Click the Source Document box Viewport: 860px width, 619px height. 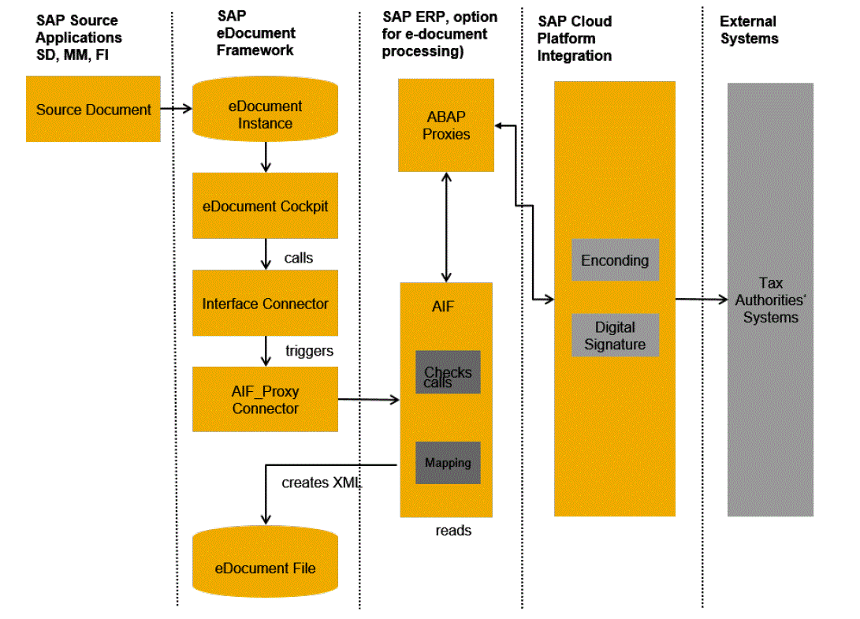click(x=93, y=109)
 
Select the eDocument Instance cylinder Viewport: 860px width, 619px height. click(x=265, y=115)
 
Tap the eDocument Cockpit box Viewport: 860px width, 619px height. click(x=265, y=206)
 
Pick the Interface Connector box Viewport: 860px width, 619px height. click(x=265, y=304)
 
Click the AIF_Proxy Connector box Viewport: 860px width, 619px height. click(x=265, y=400)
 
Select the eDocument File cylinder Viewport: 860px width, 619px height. click(x=265, y=568)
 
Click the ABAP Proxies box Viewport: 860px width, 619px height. click(x=446, y=125)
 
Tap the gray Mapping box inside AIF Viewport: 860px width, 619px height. click(x=448, y=463)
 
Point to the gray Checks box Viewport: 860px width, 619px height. click(x=448, y=372)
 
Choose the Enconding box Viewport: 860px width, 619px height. click(x=615, y=260)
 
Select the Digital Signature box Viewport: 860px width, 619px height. click(x=615, y=335)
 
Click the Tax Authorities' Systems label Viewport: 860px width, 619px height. click(x=769, y=300)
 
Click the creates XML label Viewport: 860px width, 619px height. click(x=321, y=483)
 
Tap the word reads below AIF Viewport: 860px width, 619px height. click(x=453, y=531)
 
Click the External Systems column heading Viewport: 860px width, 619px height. click(x=749, y=30)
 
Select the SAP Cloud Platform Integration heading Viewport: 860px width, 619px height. click(x=575, y=39)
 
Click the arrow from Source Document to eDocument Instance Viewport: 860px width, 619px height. click(x=177, y=109)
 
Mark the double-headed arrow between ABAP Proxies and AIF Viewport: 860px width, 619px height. click(x=447, y=227)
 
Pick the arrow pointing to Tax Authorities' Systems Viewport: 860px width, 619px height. click(x=701, y=300)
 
